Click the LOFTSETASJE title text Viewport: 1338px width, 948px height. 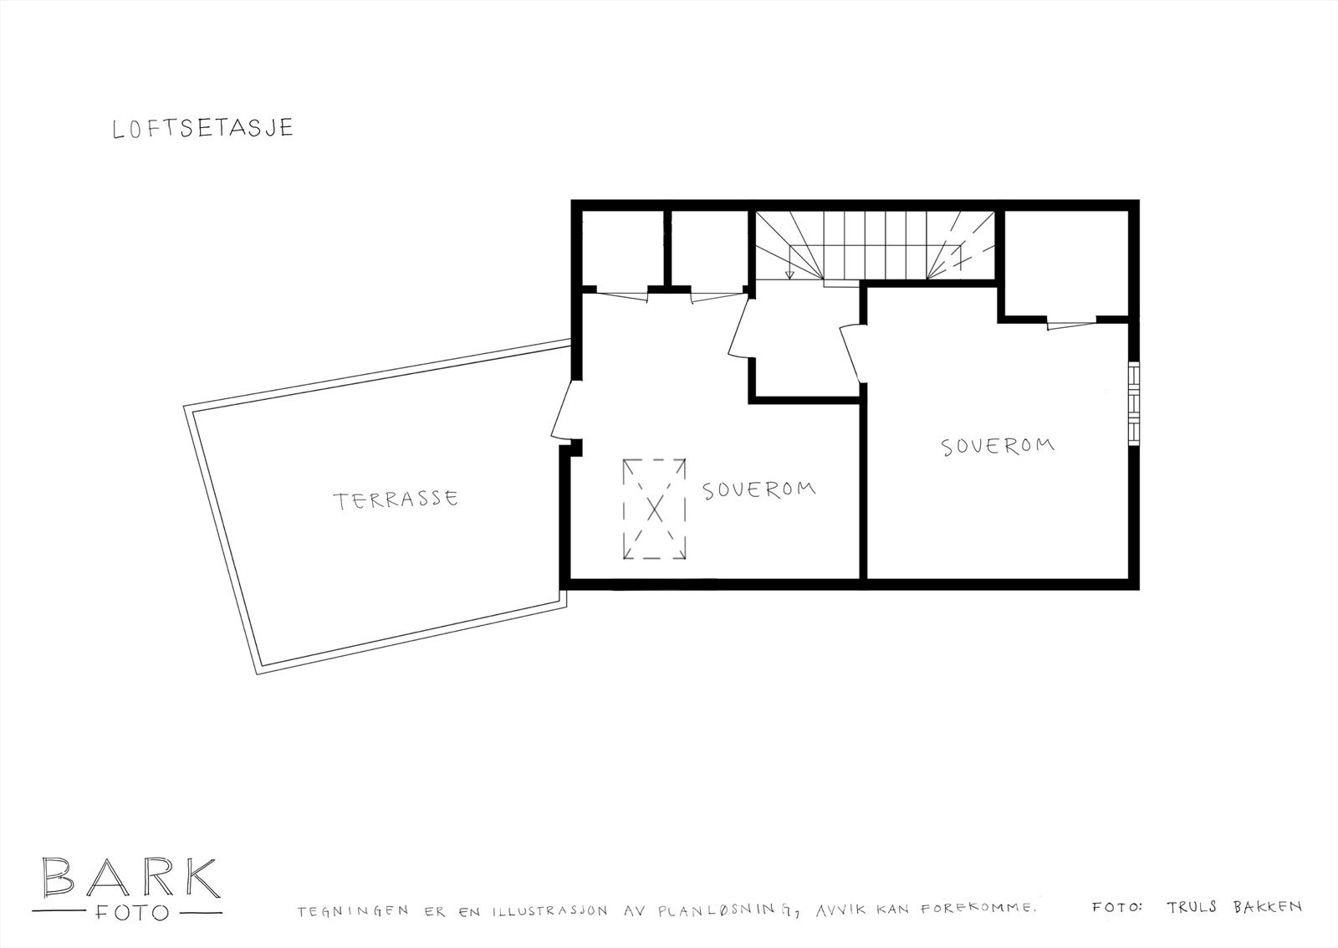203,128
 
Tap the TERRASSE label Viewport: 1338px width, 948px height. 396,500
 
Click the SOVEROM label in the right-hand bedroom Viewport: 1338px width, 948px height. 998,445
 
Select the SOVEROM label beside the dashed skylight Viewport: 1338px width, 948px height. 758,489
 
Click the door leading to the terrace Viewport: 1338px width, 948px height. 563,410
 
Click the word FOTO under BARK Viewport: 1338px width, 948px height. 130,912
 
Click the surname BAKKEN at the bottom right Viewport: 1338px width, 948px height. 1264,906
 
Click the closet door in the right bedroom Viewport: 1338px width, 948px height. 1070,324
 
